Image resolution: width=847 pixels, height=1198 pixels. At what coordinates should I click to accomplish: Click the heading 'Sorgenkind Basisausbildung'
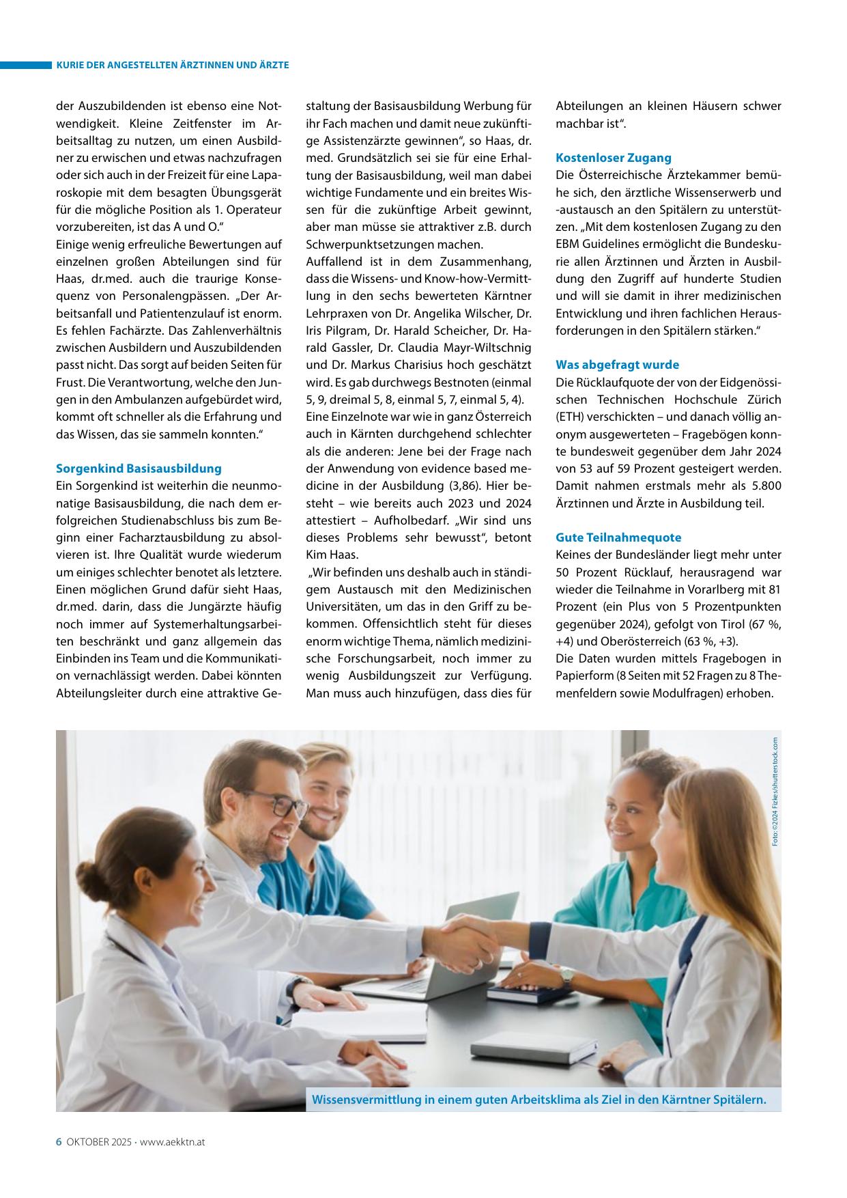pos(139,469)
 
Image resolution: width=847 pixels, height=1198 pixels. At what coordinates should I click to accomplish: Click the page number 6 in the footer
pos(59,1141)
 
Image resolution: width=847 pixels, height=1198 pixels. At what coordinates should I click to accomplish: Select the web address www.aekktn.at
pos(173,1142)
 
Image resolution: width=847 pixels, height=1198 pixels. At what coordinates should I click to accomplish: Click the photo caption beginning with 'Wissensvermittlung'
pos(539,1100)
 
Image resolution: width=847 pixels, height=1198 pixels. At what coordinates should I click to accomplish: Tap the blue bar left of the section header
pos(26,65)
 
